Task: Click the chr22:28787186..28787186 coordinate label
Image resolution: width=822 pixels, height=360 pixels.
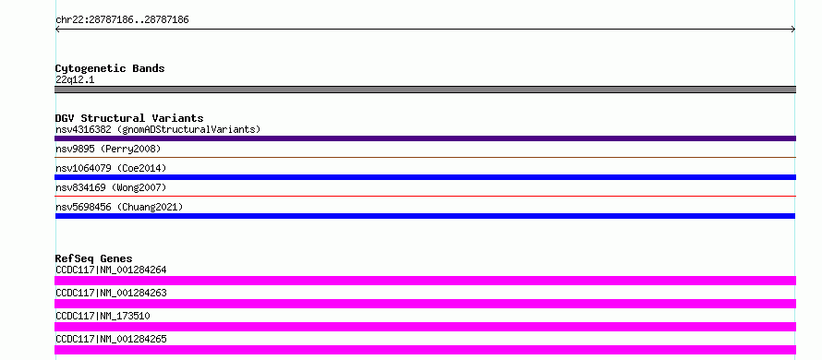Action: pos(122,20)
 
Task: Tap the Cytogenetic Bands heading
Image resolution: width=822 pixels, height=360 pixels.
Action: pos(110,68)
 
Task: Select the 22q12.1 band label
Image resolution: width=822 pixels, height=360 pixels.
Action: pos(75,80)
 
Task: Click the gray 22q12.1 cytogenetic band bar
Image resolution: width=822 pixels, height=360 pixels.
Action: pos(425,90)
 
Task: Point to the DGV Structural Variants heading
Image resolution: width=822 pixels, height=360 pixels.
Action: pos(129,118)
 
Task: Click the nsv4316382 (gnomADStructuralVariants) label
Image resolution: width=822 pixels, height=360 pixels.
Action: pos(158,129)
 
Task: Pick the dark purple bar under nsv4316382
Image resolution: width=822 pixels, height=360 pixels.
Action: pos(425,138)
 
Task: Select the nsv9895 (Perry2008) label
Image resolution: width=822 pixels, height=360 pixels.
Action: pos(108,149)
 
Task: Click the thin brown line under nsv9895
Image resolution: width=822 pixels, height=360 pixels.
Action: pos(425,157)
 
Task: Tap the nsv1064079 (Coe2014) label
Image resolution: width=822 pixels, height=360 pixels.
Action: pos(111,168)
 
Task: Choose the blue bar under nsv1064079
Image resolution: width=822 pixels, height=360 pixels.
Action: pos(425,177)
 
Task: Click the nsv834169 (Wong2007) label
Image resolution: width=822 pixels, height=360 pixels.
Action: pos(111,187)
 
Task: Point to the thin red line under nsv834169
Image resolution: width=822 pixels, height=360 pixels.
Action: pos(425,196)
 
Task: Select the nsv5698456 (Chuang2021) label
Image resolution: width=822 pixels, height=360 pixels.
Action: pos(119,207)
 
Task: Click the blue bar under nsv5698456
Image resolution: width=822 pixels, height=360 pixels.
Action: pos(425,216)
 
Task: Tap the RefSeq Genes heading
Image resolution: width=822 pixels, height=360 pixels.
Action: pos(94,258)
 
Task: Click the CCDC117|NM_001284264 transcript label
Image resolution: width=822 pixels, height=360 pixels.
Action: pos(111,270)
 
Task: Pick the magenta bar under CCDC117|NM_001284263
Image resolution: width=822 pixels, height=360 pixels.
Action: pos(425,304)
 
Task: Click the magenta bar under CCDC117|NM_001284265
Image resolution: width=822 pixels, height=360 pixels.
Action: pos(425,350)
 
